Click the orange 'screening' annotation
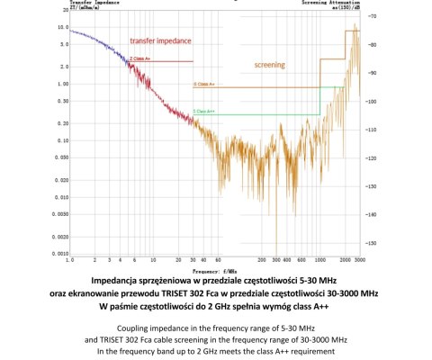pos(270,65)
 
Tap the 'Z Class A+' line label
pos(139,58)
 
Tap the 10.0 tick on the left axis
pos(61,28)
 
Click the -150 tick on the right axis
pos(373,243)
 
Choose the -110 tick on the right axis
pos(373,130)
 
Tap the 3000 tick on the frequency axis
pos(359,260)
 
